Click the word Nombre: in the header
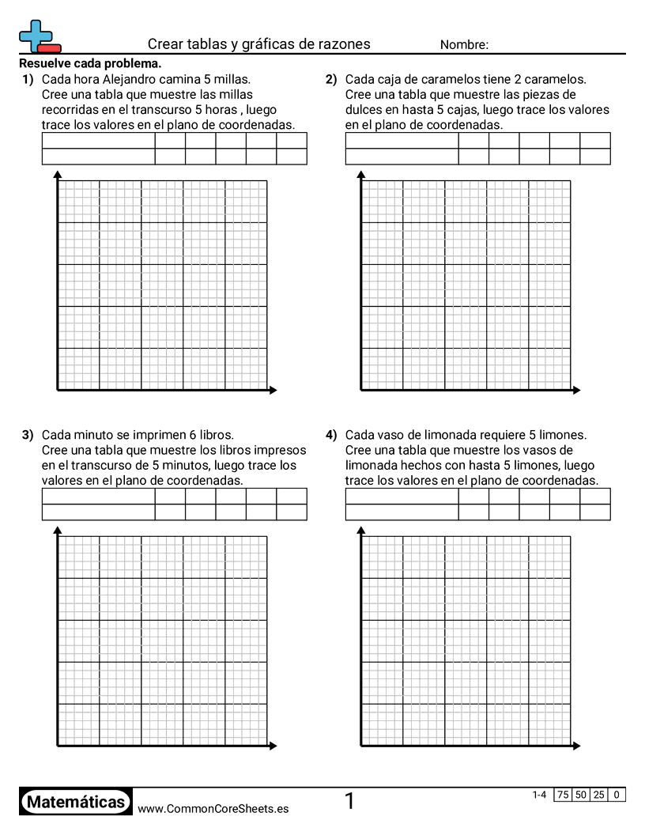coord(464,45)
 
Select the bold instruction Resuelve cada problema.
coord(90,64)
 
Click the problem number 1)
coord(28,79)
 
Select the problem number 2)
coord(331,79)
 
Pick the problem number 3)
coord(28,435)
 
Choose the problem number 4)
coord(331,435)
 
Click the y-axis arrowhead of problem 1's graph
coord(58,175)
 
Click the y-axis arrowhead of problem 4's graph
coord(361,531)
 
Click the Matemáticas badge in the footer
coord(76,802)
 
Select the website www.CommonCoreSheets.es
coord(213,809)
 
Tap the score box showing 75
coord(563,795)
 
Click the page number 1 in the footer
coord(349,802)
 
